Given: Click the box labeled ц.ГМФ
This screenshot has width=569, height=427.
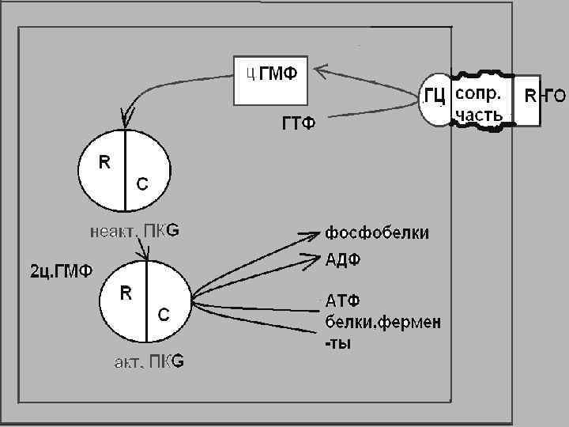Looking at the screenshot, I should (269, 80).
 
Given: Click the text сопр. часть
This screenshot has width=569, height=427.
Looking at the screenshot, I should (478, 104).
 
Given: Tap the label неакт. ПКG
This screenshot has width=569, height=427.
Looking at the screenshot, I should (134, 231).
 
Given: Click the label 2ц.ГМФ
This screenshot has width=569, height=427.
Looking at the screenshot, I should (61, 271).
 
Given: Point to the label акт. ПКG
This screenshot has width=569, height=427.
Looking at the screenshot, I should (146, 362).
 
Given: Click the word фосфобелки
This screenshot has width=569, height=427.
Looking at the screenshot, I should (377, 232).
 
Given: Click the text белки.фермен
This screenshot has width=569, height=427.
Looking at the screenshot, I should (383, 323).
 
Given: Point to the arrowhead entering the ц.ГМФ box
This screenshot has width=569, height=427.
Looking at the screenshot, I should (321, 73).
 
